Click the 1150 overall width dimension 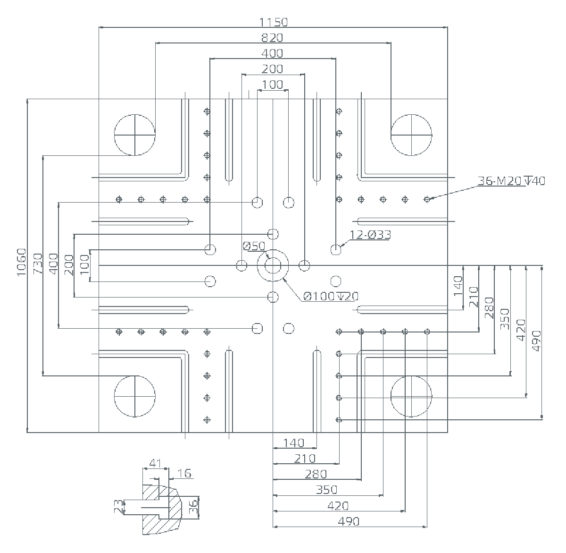pyautogui.click(x=273, y=22)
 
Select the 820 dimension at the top pyautogui.click(x=273, y=38)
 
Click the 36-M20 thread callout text pyautogui.click(x=511, y=180)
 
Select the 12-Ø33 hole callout pyautogui.click(x=370, y=235)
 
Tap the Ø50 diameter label pyautogui.click(x=254, y=246)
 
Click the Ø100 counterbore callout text pyautogui.click(x=331, y=296)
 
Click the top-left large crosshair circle pyautogui.click(x=135, y=135)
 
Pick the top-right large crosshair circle pyautogui.click(x=411, y=135)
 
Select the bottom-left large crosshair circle pyautogui.click(x=135, y=396)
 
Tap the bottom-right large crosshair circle pyautogui.click(x=411, y=396)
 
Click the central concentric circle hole pyautogui.click(x=273, y=266)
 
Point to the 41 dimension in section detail pyautogui.click(x=155, y=462)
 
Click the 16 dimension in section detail pyautogui.click(x=186, y=473)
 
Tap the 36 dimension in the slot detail pyautogui.click(x=193, y=508)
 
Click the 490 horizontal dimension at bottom pyautogui.click(x=349, y=521)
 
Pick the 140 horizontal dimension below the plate pyautogui.click(x=294, y=443)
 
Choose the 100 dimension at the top pyautogui.click(x=273, y=85)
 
